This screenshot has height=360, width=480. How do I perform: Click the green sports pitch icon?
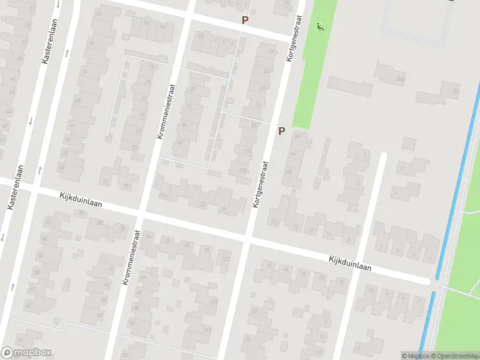pos(320,26)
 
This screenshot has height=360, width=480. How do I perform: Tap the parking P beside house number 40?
pos(281,131)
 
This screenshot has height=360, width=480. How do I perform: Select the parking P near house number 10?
pos(244,20)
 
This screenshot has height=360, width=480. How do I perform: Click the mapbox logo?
pos(26,352)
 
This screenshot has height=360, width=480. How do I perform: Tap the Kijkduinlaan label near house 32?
pos(81,200)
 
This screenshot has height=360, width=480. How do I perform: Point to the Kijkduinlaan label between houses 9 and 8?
pos(350,264)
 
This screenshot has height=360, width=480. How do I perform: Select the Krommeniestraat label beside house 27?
pos(167,111)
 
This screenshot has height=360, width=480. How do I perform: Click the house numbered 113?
pos(207,330)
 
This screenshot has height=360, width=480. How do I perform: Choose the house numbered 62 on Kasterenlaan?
pos(29,305)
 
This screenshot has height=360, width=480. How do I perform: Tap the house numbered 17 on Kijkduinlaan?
pos(274,221)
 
